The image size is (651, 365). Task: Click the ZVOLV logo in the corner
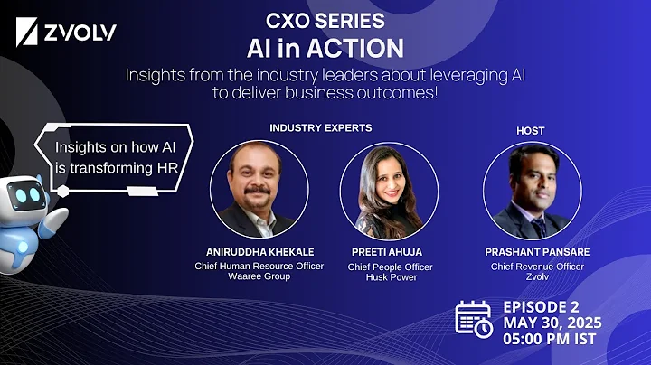[68, 35]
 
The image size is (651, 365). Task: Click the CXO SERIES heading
[324, 20]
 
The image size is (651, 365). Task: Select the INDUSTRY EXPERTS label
[320, 127]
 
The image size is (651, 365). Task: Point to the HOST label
[530, 130]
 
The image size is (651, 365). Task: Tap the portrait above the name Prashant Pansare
[531, 191]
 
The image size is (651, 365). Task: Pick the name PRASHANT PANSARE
[532, 252]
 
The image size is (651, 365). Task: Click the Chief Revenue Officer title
[532, 267]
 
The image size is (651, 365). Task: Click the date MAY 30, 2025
[552, 322]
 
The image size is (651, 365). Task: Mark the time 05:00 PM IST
[552, 340]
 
